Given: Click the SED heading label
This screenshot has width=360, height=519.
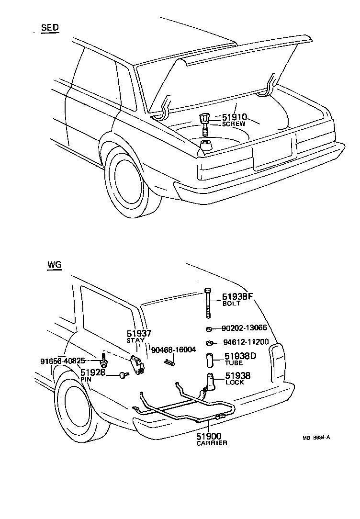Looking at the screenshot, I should coord(50,28).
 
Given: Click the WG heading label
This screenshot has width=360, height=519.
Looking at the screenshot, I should coord(54,264).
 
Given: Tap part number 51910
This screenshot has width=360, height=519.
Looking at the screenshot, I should coord(234,117).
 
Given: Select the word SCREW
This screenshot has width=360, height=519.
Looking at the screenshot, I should coord(234,124).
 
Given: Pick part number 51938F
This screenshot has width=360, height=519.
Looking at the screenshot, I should coord(237,296).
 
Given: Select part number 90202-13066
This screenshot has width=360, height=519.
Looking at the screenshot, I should coord(245,329).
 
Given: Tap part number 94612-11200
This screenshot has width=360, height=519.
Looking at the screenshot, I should coord(246,343).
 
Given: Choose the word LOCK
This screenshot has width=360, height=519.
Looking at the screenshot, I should coord(235,383).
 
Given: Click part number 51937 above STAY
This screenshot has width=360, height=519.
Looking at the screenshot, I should coord(138,333).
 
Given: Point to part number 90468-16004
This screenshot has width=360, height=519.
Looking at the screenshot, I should coord(173,350).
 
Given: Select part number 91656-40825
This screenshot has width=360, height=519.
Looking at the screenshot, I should coord(63,361).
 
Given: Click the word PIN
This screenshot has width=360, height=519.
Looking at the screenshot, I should coord(86,379).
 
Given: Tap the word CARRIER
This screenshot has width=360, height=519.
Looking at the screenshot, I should coord(212,443).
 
